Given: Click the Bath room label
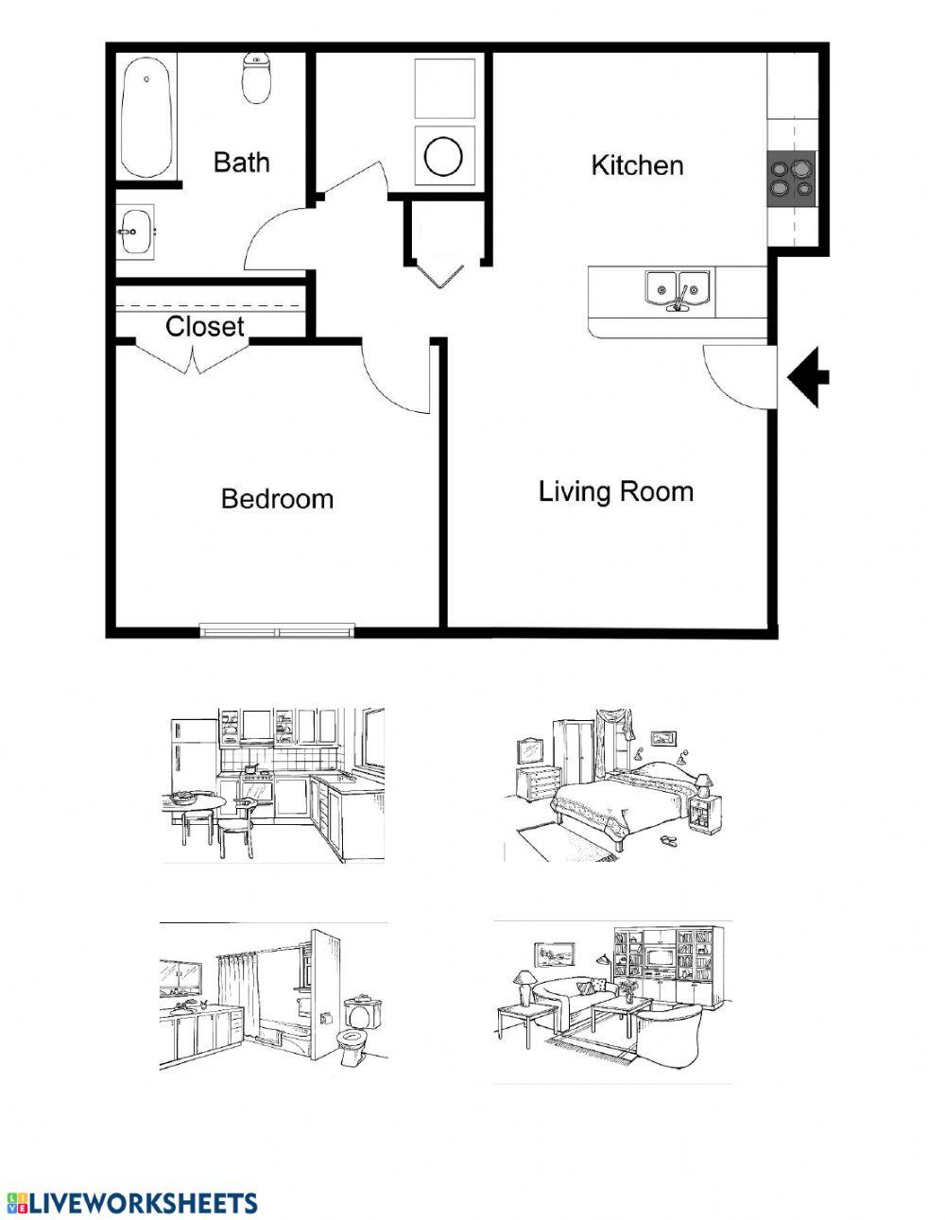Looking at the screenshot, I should [x=241, y=163].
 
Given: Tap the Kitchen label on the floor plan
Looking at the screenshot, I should [x=637, y=165].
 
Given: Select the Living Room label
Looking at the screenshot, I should [x=616, y=491].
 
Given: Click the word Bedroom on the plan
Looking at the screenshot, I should [x=277, y=499].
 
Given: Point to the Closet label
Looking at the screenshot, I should [x=205, y=327].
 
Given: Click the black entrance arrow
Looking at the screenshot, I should [x=808, y=377].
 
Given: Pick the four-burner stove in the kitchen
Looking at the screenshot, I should [x=791, y=178].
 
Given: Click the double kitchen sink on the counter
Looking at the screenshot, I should [x=678, y=287].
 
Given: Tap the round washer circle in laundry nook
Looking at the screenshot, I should [x=443, y=156].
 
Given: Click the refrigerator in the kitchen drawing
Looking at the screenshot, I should [x=194, y=755].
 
